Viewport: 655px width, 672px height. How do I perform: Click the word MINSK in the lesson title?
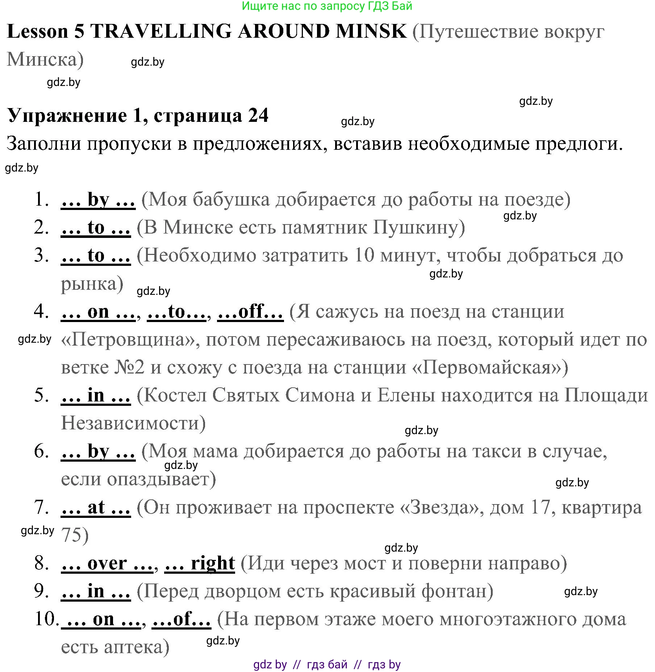pyautogui.click(x=371, y=32)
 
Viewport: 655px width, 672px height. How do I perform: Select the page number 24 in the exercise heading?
pyautogui.click(x=258, y=116)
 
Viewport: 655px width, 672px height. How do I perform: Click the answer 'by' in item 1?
pyautogui.click(x=98, y=200)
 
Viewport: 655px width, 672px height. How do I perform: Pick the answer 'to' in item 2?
pyautogui.click(x=96, y=228)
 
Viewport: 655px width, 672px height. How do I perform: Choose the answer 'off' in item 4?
pyautogui.click(x=250, y=312)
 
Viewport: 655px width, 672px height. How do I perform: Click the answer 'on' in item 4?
pyautogui.click(x=98, y=312)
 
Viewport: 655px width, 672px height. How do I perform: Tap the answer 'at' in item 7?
pyautogui.click(x=96, y=507)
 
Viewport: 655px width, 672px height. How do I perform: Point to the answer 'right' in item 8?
pyautogui.click(x=213, y=563)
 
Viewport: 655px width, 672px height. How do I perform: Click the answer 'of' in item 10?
pyautogui.click(x=182, y=619)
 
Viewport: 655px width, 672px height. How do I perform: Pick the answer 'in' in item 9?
pyautogui.click(x=96, y=591)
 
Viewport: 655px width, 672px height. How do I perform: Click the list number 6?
pyautogui.click(x=42, y=452)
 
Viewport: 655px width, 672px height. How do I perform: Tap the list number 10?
pyautogui.click(x=46, y=619)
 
